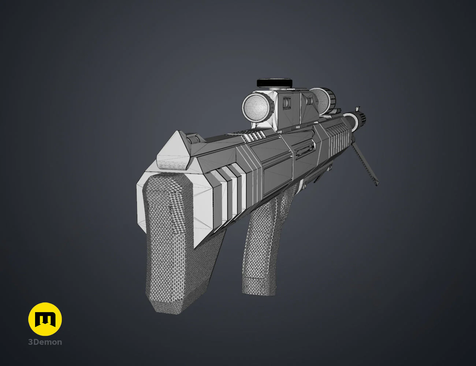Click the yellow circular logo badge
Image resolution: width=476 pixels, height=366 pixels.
(45, 319)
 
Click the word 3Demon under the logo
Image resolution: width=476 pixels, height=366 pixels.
(45, 342)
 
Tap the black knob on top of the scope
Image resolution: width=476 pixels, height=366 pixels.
(275, 82)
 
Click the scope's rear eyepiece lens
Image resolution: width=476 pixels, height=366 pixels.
(257, 107)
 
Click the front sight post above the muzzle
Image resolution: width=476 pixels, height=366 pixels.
(357, 109)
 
